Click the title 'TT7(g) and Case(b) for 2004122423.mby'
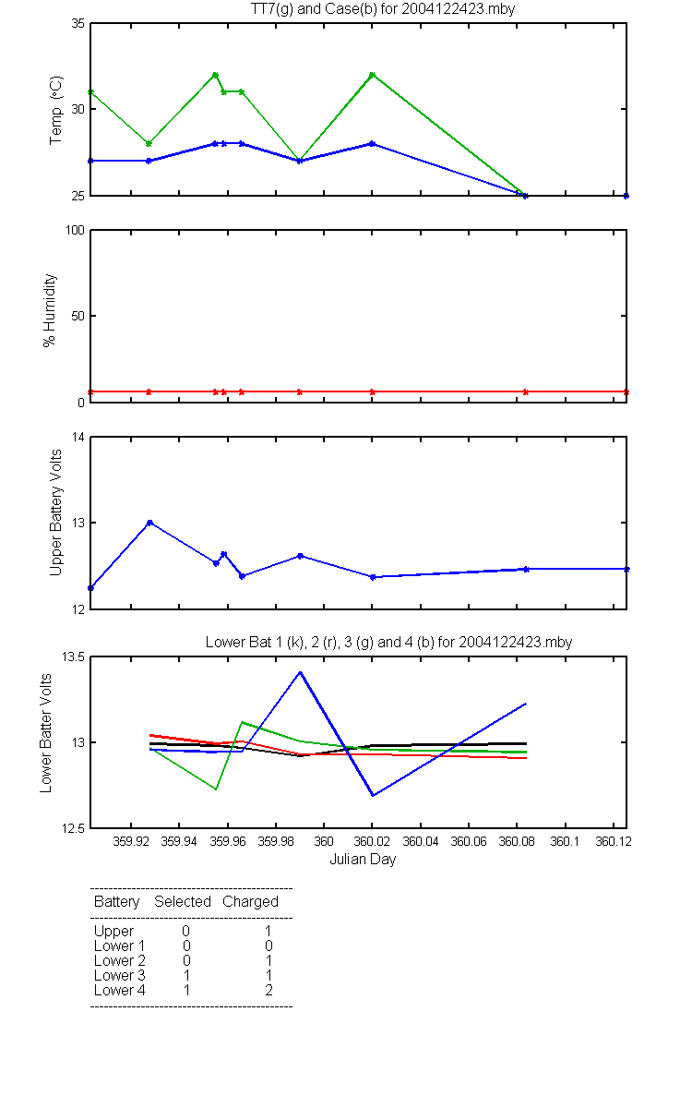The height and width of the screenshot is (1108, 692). [383, 8]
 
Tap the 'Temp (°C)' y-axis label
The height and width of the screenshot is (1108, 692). [56, 110]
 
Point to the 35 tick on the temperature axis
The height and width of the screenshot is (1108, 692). [78, 23]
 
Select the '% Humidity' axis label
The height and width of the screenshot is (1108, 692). [50, 310]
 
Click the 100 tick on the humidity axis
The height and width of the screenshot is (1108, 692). [75, 230]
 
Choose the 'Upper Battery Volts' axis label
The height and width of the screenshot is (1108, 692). [55, 512]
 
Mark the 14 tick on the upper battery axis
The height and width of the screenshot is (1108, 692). [78, 438]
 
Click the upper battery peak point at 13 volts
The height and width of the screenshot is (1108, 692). [149, 523]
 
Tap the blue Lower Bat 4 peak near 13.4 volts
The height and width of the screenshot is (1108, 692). [300, 672]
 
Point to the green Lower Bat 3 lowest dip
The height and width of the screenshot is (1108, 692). [216, 789]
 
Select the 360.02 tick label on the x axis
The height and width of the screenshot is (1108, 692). [372, 841]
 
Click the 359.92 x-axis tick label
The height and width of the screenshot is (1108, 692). [130, 841]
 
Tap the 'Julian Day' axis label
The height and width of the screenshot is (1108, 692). [363, 860]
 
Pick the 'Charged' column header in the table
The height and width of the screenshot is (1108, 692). [250, 901]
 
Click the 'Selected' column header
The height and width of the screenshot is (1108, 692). [183, 901]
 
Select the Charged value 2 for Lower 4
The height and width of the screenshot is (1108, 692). [268, 990]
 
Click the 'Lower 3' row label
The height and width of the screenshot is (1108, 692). [120, 975]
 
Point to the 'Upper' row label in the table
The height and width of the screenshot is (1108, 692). [113, 931]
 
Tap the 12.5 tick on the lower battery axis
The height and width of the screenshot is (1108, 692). [73, 828]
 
